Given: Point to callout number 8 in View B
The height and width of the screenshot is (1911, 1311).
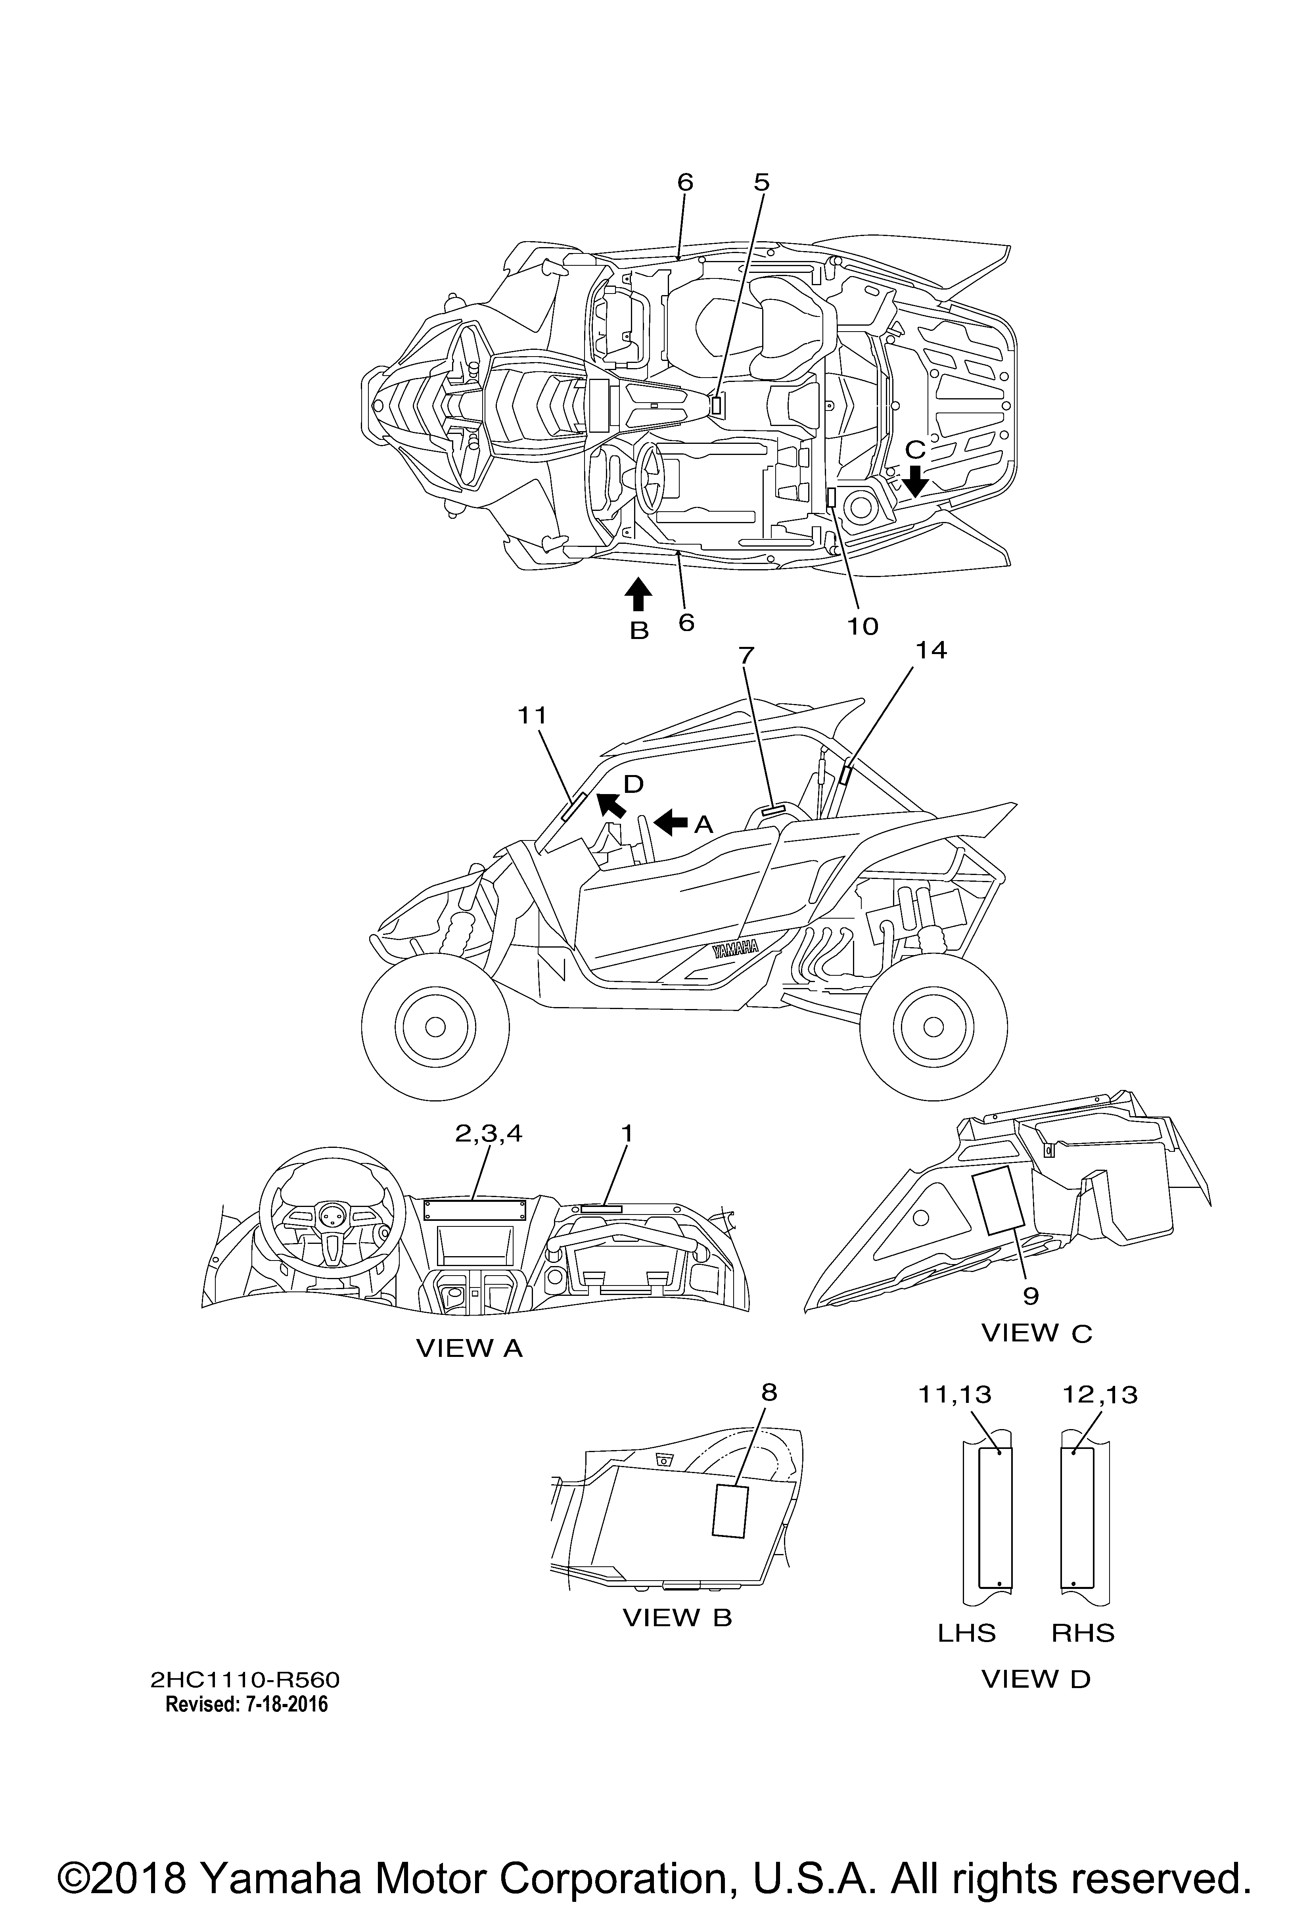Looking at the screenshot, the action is click(769, 1392).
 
